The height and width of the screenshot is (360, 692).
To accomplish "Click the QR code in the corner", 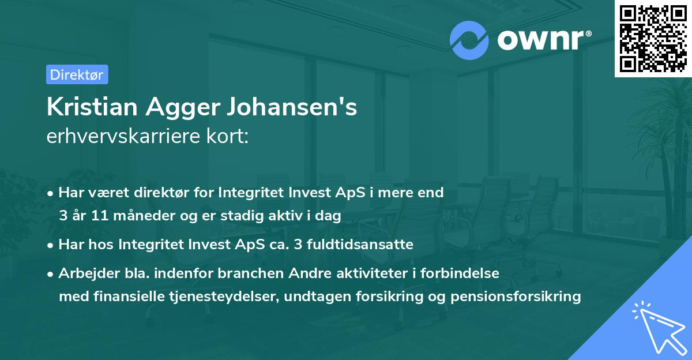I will [x=653, y=38].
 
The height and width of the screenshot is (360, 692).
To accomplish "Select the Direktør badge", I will [x=77, y=74].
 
